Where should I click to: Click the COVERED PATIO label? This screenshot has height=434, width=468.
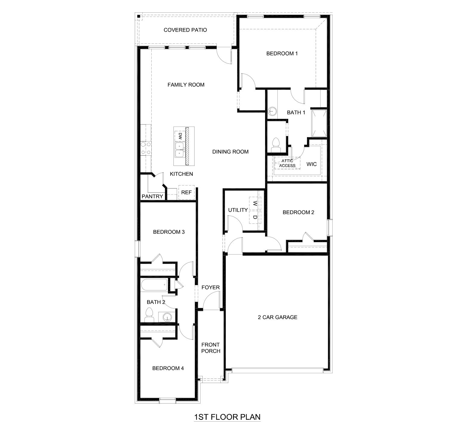click(185, 30)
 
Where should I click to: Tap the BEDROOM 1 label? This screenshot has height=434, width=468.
click(282, 54)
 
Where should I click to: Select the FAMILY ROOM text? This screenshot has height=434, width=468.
click(186, 85)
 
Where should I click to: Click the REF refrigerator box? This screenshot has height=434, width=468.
click(186, 192)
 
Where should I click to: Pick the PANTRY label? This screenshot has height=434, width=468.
click(152, 197)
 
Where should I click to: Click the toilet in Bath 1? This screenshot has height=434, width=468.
click(276, 145)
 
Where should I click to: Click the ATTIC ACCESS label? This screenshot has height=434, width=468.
click(287, 163)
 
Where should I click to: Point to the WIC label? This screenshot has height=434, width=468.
click(311, 164)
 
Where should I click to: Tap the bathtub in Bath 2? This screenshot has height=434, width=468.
click(154, 285)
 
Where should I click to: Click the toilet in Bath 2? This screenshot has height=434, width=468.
click(149, 315)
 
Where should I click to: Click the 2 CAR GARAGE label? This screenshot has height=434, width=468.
click(277, 317)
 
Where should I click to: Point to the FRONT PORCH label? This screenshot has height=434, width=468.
click(210, 348)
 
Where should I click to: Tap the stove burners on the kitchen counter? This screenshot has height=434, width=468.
click(146, 148)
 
